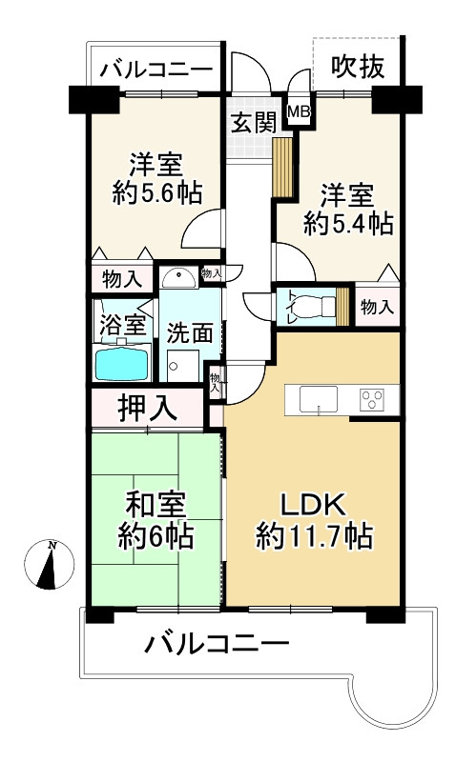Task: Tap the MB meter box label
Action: click(300, 111)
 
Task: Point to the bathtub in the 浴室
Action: click(121, 363)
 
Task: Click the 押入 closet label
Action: click(148, 407)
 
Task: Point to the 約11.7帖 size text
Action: click(314, 535)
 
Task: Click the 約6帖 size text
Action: click(156, 535)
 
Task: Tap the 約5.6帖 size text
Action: click(158, 191)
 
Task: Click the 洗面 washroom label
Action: click(189, 334)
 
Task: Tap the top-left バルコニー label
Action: click(155, 69)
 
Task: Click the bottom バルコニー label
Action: click(217, 646)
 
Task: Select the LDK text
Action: click(315, 503)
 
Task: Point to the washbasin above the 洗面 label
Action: click(177, 277)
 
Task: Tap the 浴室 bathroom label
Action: click(123, 324)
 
